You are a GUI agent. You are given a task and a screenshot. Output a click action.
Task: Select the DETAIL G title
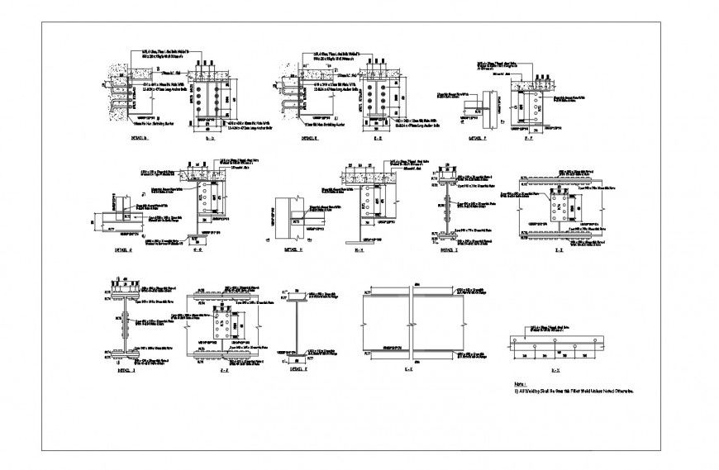(125, 247)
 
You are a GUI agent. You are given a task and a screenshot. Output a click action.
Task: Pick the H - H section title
(360, 247)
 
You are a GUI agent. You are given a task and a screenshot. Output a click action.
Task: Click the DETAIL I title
(448, 247)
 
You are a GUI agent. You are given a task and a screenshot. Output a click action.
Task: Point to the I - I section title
(559, 247)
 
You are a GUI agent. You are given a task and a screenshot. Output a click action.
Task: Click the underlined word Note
(521, 385)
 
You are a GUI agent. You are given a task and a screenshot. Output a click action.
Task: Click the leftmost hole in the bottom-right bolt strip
(514, 340)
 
